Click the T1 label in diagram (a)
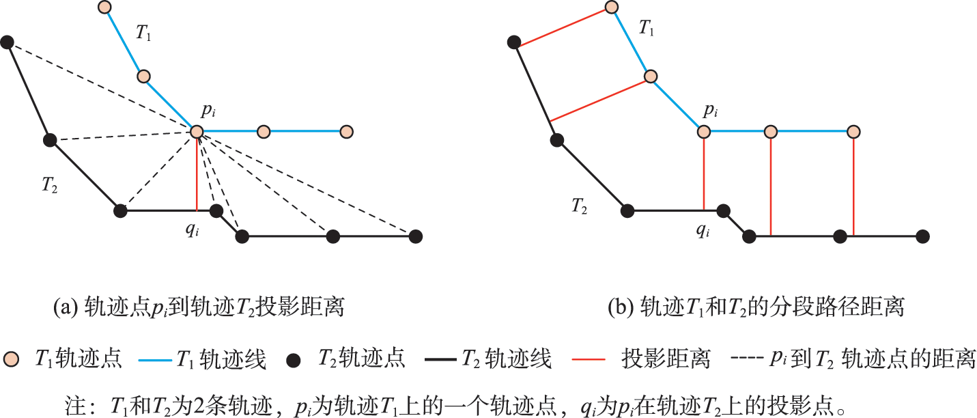pyautogui.click(x=143, y=32)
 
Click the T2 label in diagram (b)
pyautogui.click(x=579, y=206)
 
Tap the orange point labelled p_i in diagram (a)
pyautogui.click(x=197, y=131)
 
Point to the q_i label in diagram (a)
pyautogui.click(x=192, y=229)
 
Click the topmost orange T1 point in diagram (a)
pyautogui.click(x=104, y=7)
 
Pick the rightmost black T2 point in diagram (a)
pyautogui.click(x=416, y=236)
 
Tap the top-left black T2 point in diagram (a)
pyautogui.click(x=7, y=42)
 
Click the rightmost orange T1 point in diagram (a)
pyautogui.click(x=346, y=131)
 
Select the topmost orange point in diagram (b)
pyautogui.click(x=612, y=7)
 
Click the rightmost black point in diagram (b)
pyautogui.click(x=922, y=236)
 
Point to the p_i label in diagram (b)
pyautogui.click(x=710, y=111)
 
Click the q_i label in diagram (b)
pyautogui.click(x=703, y=229)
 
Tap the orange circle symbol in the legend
pyautogui.click(x=11, y=359)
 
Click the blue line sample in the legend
pyautogui.click(x=155, y=360)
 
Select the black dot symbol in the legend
pyautogui.click(x=294, y=361)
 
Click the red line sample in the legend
pyautogui.click(x=589, y=359)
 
